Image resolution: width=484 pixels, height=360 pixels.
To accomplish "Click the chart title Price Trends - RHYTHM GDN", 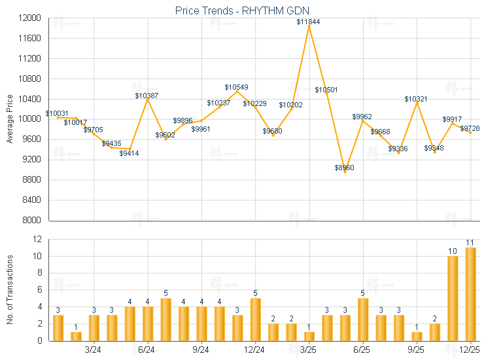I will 241,10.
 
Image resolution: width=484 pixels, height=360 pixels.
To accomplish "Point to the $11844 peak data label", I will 308,22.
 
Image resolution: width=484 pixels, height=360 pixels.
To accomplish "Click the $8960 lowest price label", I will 345,168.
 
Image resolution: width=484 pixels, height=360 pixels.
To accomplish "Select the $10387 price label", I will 147,96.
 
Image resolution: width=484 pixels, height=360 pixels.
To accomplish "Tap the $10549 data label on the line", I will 236,87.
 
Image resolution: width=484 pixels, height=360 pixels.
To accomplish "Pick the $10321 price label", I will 416,99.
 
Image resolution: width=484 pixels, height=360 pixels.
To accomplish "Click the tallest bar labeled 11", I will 470,294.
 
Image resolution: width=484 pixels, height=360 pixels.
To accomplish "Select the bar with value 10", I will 452,298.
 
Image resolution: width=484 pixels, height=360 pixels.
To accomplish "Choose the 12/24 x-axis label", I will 254,350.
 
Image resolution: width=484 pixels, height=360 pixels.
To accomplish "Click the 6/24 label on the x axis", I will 147,350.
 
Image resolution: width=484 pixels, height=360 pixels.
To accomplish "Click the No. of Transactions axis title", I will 10,290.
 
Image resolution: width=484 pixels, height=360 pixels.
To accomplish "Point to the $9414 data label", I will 129,153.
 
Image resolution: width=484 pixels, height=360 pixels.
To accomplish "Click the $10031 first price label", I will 56,113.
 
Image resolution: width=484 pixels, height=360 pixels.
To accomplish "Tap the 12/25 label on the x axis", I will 470,350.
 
